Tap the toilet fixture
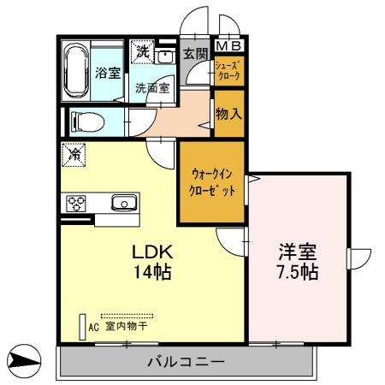point(83,119)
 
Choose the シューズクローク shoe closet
point(228,70)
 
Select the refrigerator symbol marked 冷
point(74,155)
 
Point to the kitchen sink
point(124,204)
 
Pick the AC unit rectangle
point(83,326)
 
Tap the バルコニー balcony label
point(186,362)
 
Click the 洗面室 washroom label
point(151,87)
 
